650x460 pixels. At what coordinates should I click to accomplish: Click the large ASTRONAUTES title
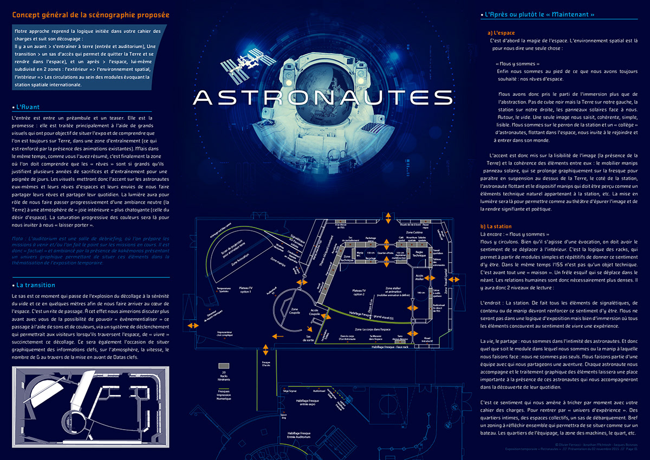[x=323, y=97]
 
